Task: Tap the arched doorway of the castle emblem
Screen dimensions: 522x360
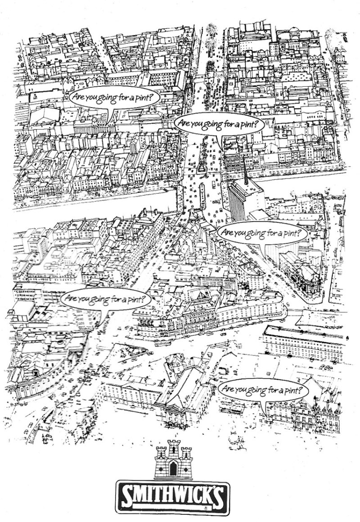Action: (173, 469)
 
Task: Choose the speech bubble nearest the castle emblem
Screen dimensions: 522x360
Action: (263, 389)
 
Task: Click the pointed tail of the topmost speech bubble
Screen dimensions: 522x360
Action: (107, 121)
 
